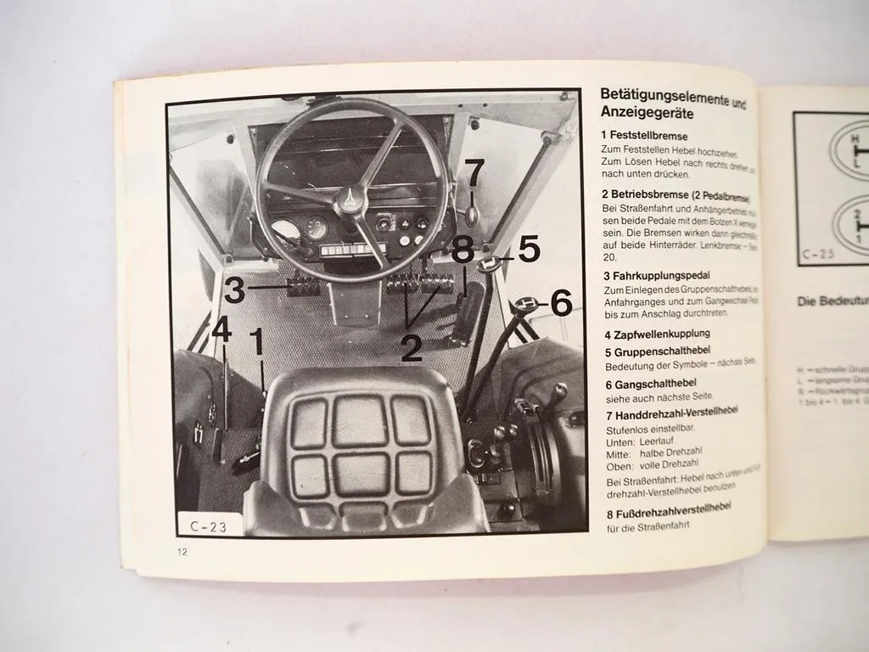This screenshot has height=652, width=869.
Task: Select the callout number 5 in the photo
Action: click(528, 249)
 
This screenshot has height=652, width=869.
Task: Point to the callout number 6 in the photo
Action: click(562, 302)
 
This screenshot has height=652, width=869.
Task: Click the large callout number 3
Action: click(234, 290)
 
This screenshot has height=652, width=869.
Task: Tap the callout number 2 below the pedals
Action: click(412, 348)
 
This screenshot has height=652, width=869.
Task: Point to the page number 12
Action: click(182, 552)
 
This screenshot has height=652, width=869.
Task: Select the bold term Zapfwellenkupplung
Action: click(660, 334)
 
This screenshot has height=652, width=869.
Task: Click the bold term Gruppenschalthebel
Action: click(661, 351)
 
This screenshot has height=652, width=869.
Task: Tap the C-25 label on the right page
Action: click(816, 252)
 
